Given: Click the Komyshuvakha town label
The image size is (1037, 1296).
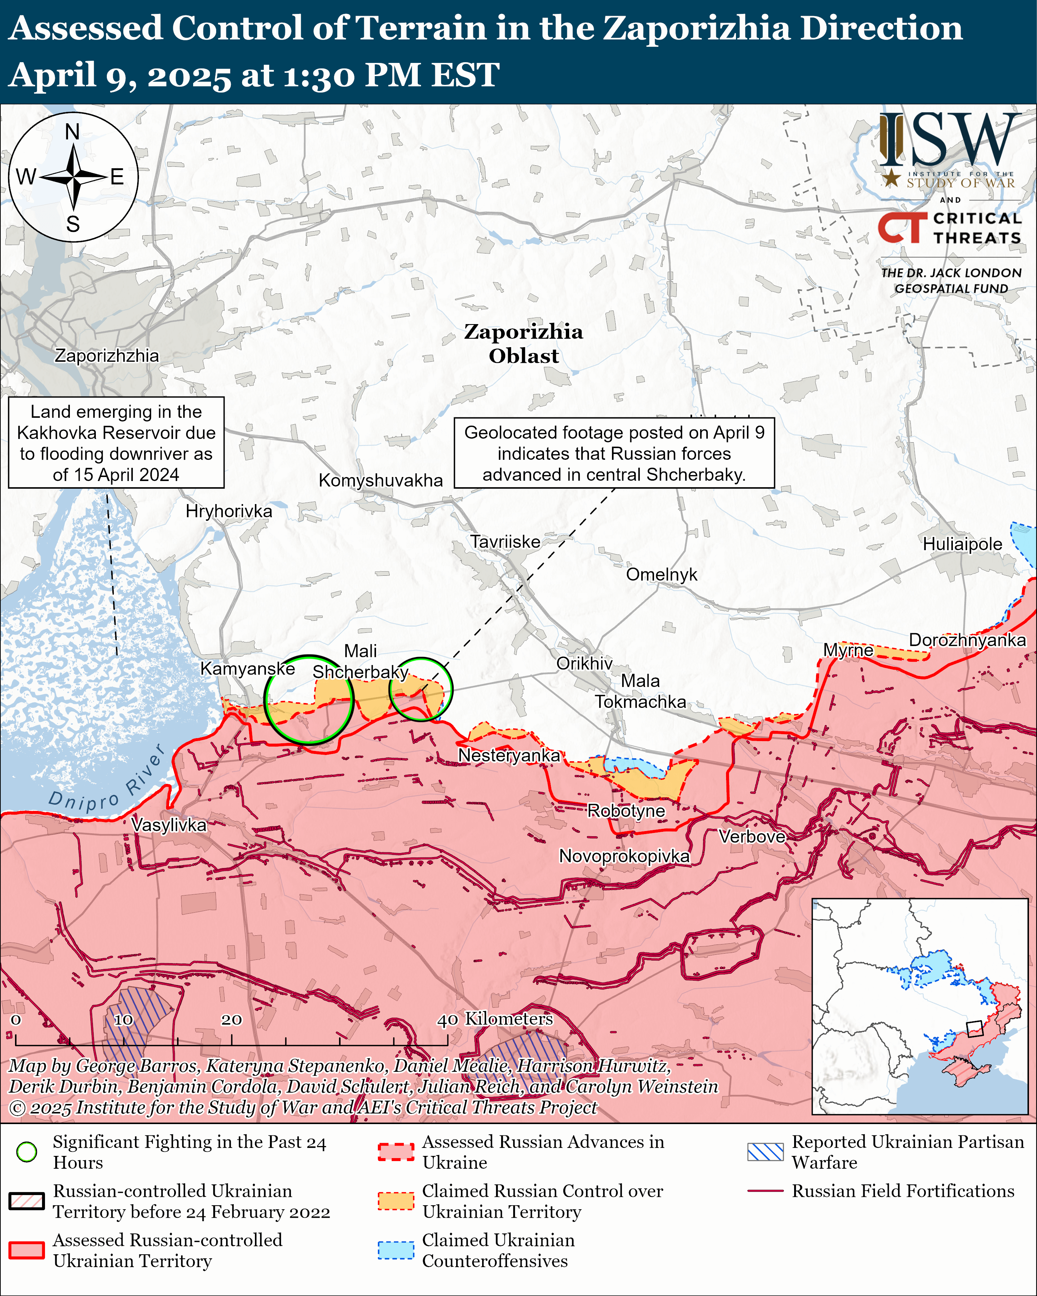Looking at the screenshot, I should pos(380,480).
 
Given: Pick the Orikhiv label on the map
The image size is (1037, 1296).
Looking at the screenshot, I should pos(584,663).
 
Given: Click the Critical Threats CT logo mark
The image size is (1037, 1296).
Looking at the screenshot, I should pos(902,227).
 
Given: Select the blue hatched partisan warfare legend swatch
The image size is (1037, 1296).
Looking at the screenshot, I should pos(765,1152).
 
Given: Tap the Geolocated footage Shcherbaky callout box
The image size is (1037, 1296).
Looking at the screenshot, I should pos(614,453).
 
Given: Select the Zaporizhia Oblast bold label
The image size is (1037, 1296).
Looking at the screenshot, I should pos(523,343).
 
